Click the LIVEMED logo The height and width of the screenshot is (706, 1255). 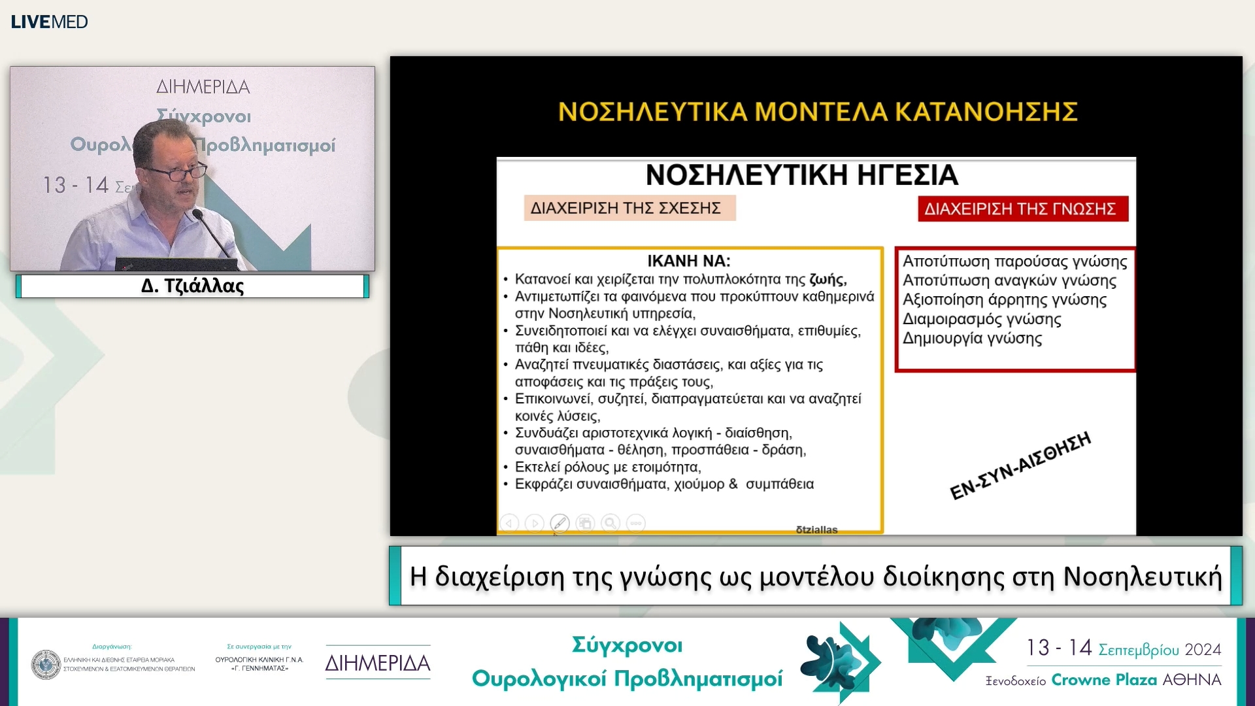pyautogui.click(x=49, y=22)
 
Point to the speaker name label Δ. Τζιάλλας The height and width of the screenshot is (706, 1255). pyautogui.click(x=192, y=286)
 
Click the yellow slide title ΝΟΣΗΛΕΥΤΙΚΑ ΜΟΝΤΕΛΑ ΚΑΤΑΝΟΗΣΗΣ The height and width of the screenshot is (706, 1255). pyautogui.click(x=817, y=112)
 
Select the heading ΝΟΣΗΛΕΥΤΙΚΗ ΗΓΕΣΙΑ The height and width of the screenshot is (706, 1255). pyautogui.click(x=801, y=175)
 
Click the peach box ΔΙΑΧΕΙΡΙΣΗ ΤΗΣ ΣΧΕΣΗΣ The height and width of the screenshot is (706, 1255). pyautogui.click(x=629, y=208)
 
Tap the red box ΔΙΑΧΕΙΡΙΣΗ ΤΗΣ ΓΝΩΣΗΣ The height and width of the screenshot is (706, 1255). pyautogui.click(x=1022, y=209)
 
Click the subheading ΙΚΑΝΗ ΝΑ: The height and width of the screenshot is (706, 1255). pyautogui.click(x=688, y=261)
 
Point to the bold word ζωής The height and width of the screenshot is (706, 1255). pyautogui.click(x=828, y=279)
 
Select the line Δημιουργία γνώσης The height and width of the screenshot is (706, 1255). pyautogui.click(x=972, y=339)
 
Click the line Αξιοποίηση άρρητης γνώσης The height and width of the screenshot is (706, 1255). pyautogui.click(x=1004, y=300)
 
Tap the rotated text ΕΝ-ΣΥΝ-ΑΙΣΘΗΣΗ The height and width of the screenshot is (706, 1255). pyautogui.click(x=1020, y=466)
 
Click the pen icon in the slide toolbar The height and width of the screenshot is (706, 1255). pyautogui.click(x=560, y=523)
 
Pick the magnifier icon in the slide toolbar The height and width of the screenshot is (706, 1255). pyautogui.click(x=611, y=523)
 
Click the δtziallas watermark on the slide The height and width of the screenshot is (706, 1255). pyautogui.click(x=816, y=529)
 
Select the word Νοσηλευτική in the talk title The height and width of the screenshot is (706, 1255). pyautogui.click(x=1142, y=577)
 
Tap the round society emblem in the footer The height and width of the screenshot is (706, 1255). pyautogui.click(x=46, y=664)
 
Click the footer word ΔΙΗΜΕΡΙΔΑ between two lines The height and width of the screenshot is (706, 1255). pyautogui.click(x=378, y=663)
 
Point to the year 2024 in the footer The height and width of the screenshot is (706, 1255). pyautogui.click(x=1203, y=650)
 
